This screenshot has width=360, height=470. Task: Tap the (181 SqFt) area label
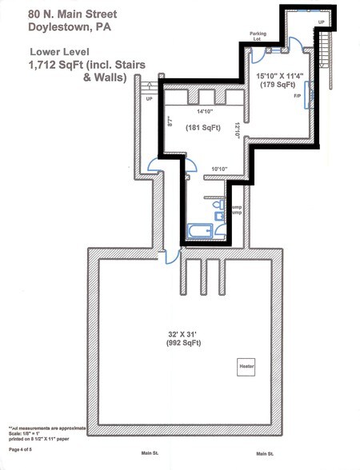click(x=202, y=127)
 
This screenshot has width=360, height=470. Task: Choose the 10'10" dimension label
click(x=219, y=169)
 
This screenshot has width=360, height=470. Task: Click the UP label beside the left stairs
click(x=150, y=99)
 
